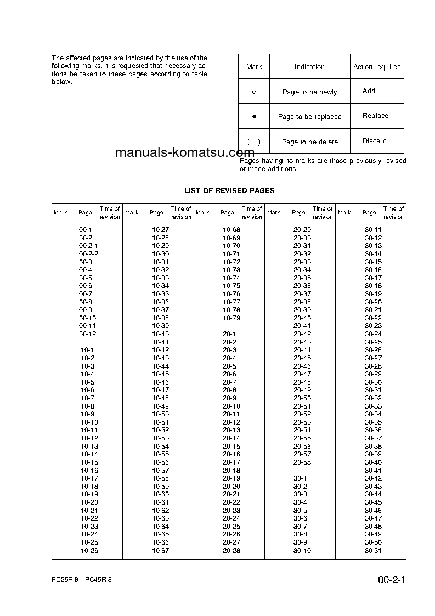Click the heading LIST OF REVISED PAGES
tap(229, 190)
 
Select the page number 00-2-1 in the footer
tap(391, 580)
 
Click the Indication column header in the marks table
tap(309, 67)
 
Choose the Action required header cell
tap(377, 67)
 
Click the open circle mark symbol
tap(254, 92)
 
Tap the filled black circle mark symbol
tap(254, 117)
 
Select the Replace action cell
tap(375, 116)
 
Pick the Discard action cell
tap(374, 141)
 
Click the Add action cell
tap(369, 91)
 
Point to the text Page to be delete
tap(309, 142)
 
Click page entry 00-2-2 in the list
tap(88, 254)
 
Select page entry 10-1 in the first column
tap(87, 350)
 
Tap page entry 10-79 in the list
tap(231, 318)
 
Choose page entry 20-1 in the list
tap(229, 334)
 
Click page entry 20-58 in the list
tap(302, 462)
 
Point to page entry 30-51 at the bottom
tap(373, 551)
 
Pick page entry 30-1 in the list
tap(300, 478)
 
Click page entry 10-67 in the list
tap(160, 551)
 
